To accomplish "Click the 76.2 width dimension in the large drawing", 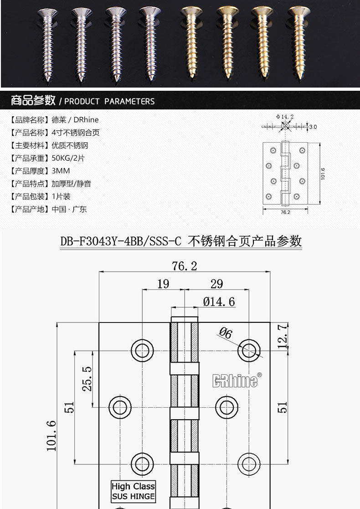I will coord(184,266).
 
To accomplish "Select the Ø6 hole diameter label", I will coord(226,333).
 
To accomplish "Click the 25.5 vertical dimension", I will coord(87,379).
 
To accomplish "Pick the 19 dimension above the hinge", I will coord(163,284).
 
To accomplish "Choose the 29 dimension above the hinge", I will coord(216,284).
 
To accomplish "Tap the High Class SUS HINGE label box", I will coord(133,491).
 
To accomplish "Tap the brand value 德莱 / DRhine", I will coord(75,120).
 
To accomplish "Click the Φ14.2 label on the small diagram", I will coord(285,117).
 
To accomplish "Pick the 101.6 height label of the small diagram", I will coord(323,174).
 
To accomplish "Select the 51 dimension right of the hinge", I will coord(283,407).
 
